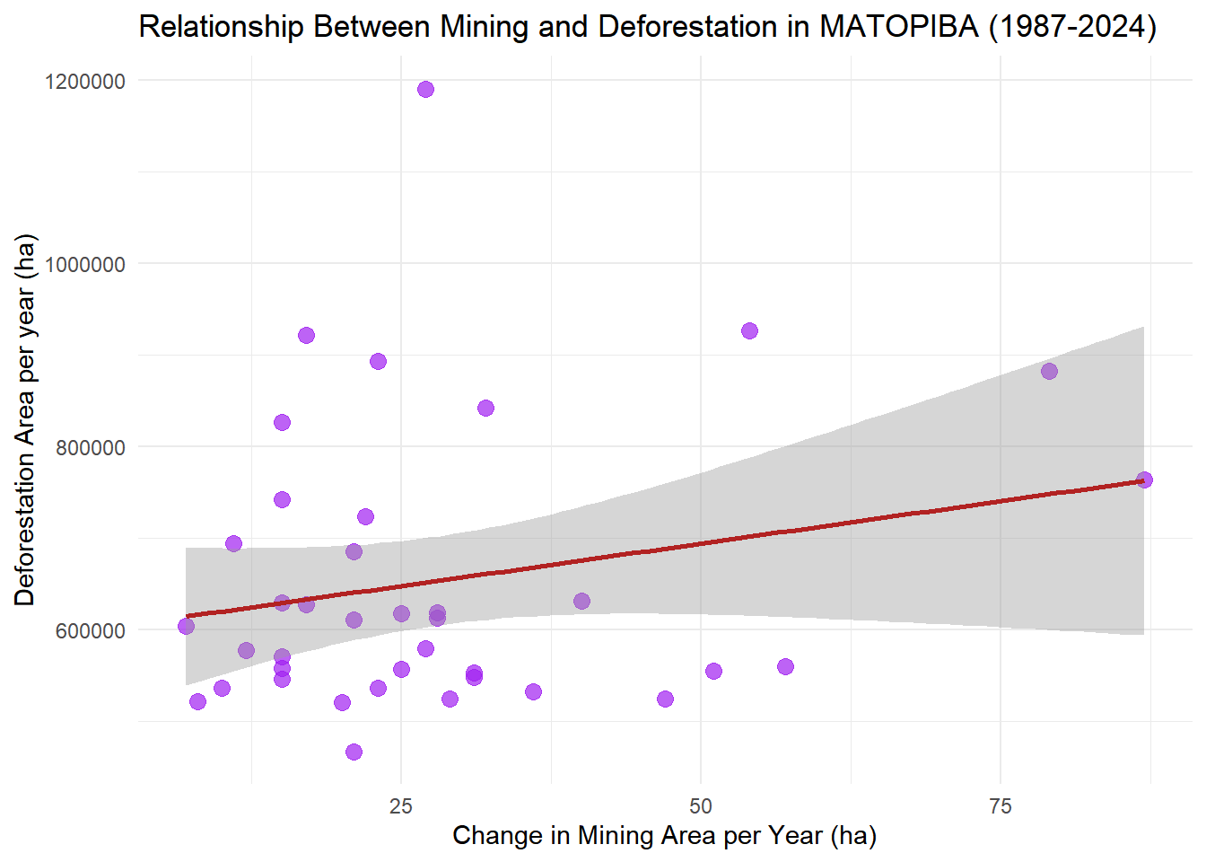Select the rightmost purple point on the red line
pyautogui.click(x=1144, y=479)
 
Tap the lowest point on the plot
pyautogui.click(x=354, y=752)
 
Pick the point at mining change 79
pyautogui.click(x=1049, y=371)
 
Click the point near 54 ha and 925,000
pyautogui.click(x=749, y=330)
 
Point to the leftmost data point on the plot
pyautogui.click(x=186, y=626)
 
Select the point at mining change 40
pyautogui.click(x=581, y=601)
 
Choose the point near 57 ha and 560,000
pyautogui.click(x=785, y=666)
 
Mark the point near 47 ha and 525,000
pyautogui.click(x=665, y=699)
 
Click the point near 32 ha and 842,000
pyautogui.click(x=485, y=408)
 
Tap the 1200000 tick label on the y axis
pyautogui.click(x=84, y=82)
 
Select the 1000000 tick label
pyautogui.click(x=84, y=265)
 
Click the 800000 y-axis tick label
pyautogui.click(x=90, y=448)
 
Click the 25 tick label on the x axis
pyautogui.click(x=401, y=805)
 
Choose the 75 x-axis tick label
pyautogui.click(x=1000, y=805)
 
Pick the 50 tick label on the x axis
pyautogui.click(x=701, y=805)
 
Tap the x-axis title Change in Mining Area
pyautogui.click(x=664, y=835)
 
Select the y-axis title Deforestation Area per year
pyautogui.click(x=25, y=419)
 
